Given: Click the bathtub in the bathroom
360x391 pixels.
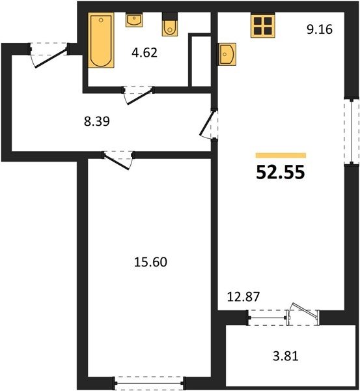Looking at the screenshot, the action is [x=101, y=40].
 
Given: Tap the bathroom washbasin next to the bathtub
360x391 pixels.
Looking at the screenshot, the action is [x=134, y=20].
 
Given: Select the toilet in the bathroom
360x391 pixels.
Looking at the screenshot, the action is [x=170, y=24].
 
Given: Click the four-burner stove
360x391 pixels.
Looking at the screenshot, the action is [x=263, y=25].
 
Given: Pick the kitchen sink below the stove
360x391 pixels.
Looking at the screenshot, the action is [x=227, y=54].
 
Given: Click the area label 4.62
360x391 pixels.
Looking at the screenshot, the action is [x=145, y=53].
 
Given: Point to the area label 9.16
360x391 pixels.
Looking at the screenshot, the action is [x=320, y=29].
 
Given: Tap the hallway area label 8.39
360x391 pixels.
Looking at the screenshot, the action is [x=97, y=122].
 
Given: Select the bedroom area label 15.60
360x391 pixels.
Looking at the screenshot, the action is [x=150, y=262].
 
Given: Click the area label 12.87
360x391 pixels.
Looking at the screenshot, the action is [x=243, y=297].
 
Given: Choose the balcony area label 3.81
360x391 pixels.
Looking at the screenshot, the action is [x=286, y=356].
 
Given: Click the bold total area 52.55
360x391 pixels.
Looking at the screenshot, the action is [x=281, y=173].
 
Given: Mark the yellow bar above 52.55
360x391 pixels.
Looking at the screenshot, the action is [x=281, y=155].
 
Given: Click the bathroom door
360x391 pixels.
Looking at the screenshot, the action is [x=138, y=95].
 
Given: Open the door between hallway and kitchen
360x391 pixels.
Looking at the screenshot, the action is [x=209, y=124].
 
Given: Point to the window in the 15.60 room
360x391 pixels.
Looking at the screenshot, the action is [x=149, y=383].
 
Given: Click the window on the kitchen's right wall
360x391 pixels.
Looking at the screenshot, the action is [x=352, y=132].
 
